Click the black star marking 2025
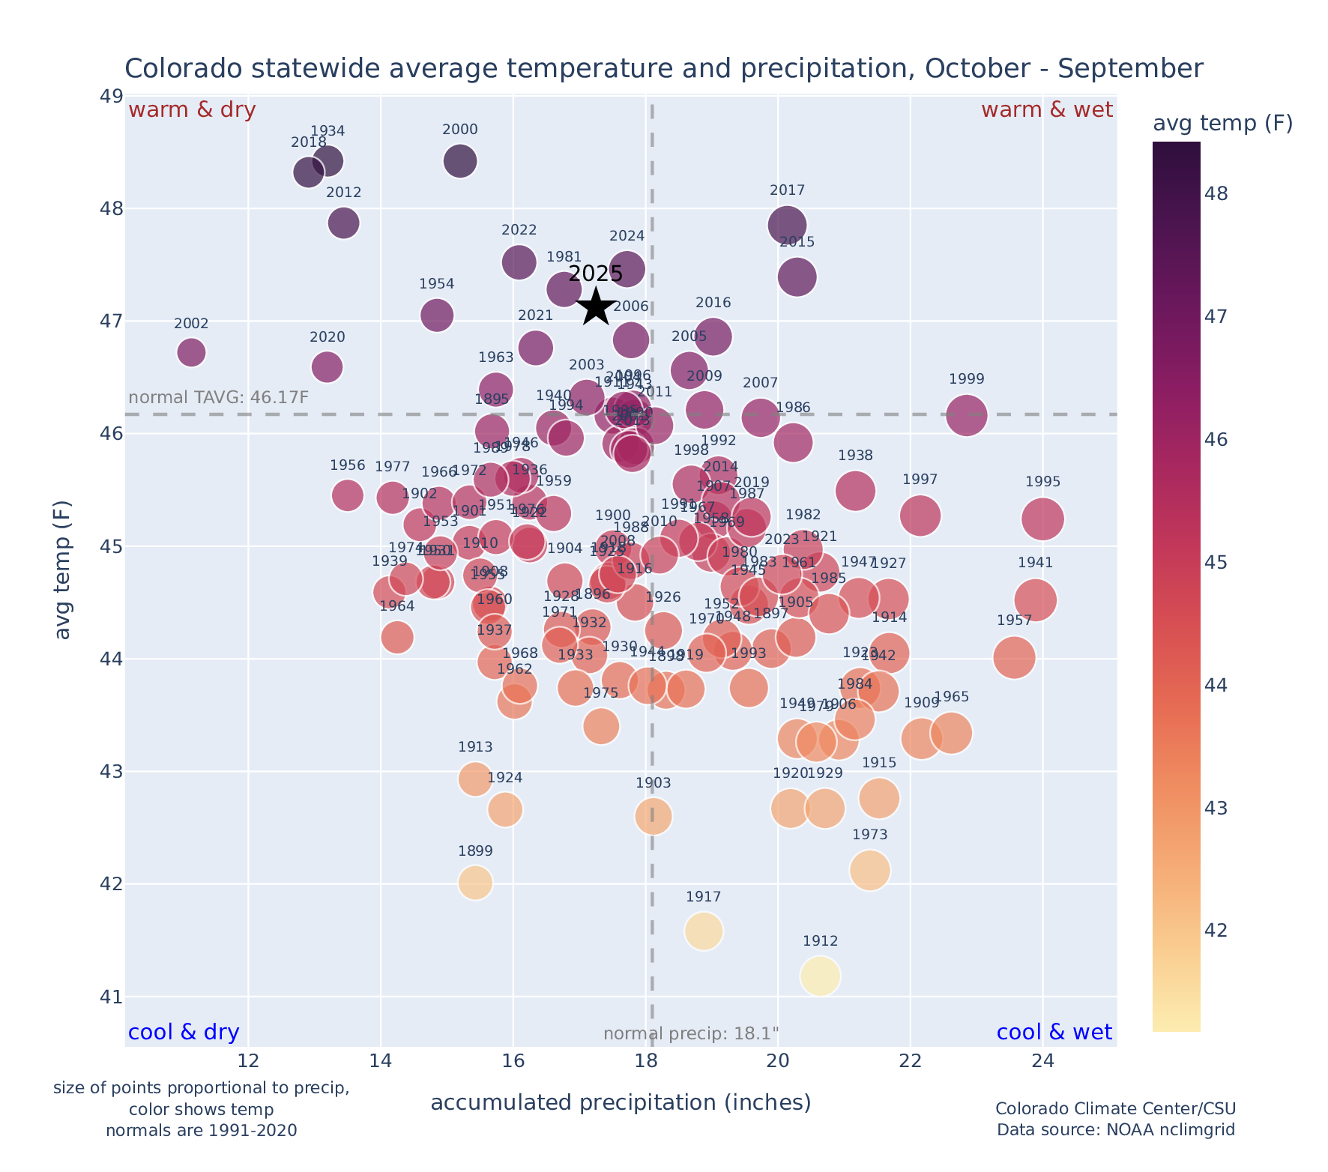tap(596, 306)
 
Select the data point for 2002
tap(191, 352)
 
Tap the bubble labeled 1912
tap(820, 976)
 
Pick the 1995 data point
tap(1042, 519)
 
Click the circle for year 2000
tap(460, 160)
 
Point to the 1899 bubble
tap(475, 882)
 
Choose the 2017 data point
tap(787, 224)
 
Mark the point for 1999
tap(967, 415)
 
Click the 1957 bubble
tap(1014, 657)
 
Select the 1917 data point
tap(703, 931)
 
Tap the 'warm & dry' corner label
tap(192, 110)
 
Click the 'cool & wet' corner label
tap(1054, 1033)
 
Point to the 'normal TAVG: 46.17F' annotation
tap(219, 397)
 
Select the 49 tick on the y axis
tap(112, 96)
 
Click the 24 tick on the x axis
tap(1042, 1061)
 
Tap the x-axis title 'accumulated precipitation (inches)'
tap(621, 1103)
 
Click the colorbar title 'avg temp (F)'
tap(1222, 124)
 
